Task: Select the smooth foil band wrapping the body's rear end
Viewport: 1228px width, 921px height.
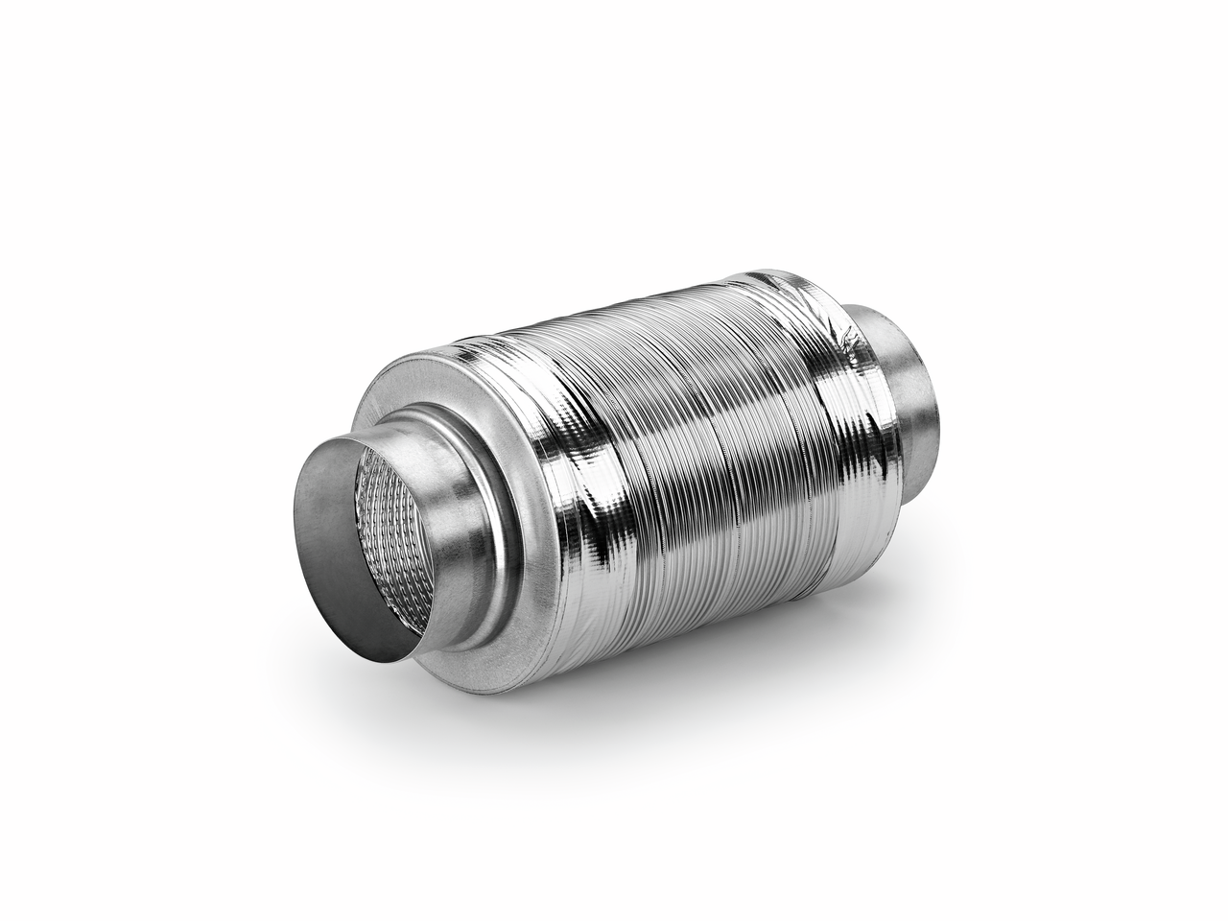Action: [x=806, y=384]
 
